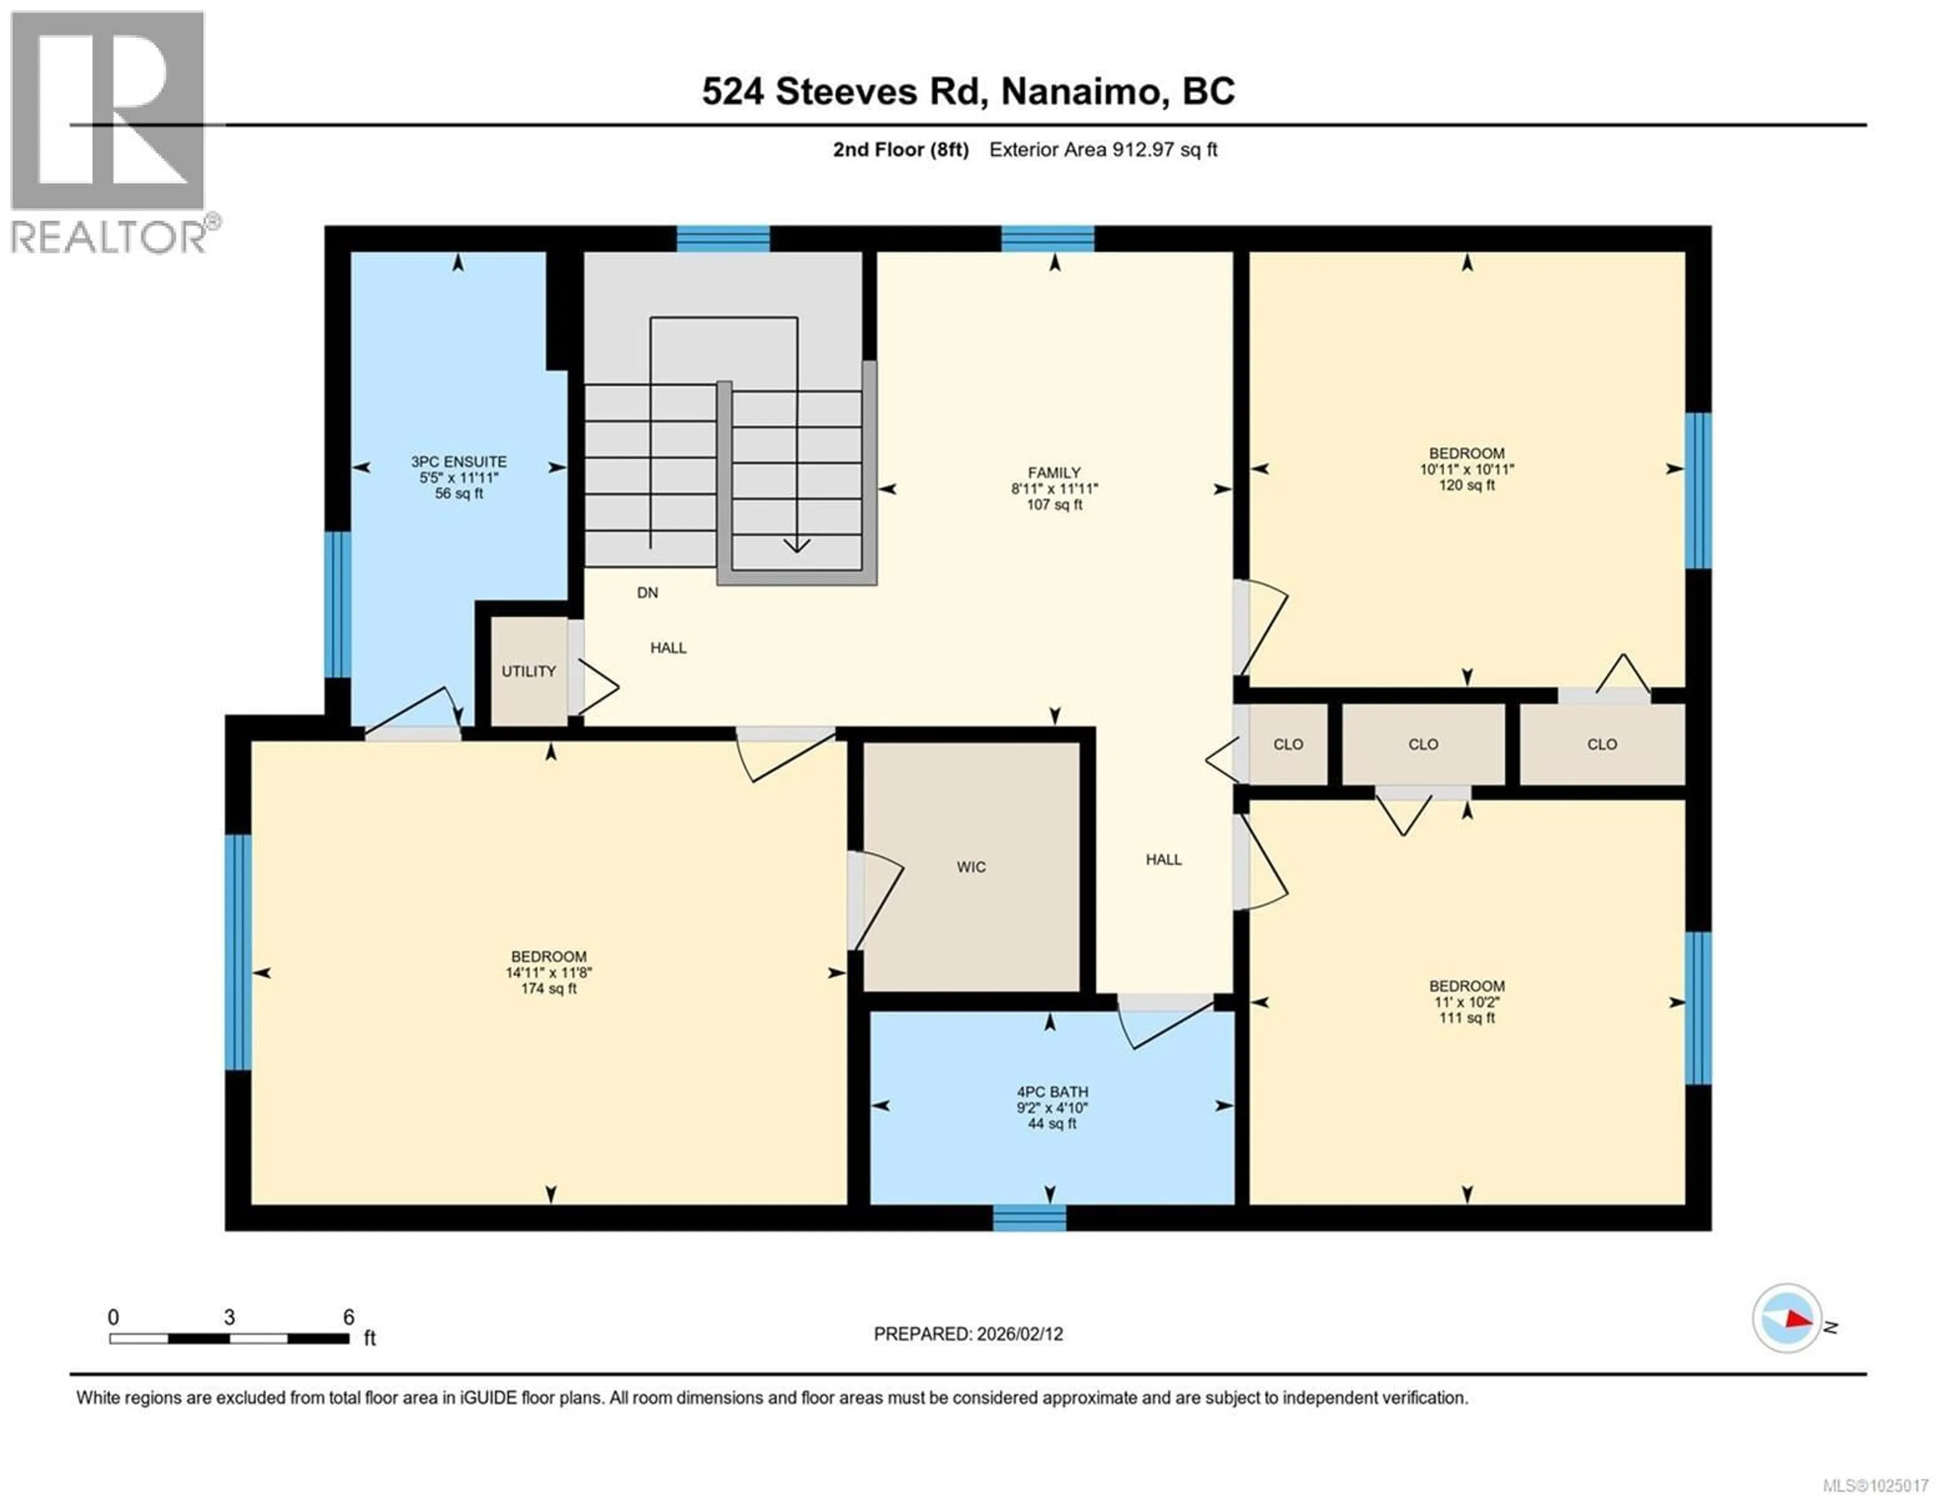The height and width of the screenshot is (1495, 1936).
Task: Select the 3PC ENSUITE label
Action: coord(458,462)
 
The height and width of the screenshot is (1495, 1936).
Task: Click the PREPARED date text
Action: coord(968,1334)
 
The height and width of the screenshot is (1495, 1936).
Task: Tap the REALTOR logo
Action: coord(108,133)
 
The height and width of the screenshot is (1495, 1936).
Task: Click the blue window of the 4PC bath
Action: coord(1028,1218)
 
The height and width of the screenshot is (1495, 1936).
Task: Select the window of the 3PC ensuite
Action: coord(338,604)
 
